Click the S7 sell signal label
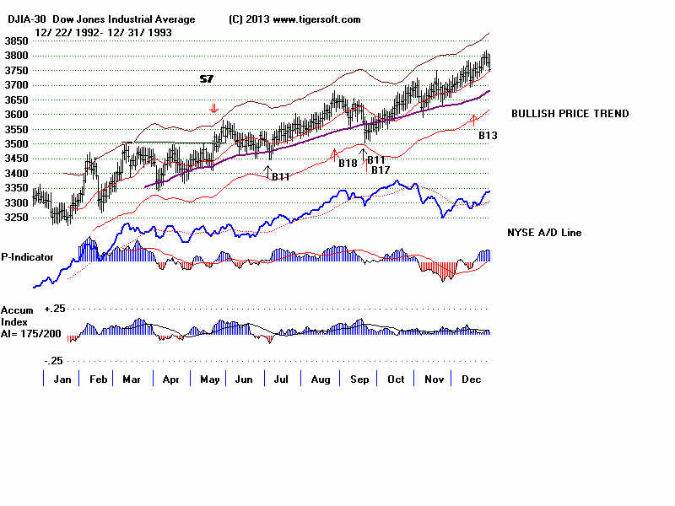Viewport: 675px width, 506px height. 206,78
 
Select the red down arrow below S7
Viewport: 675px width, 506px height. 214,109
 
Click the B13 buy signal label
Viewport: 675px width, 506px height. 489,134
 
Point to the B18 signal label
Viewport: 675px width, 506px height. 348,163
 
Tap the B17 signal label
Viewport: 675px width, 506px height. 381,170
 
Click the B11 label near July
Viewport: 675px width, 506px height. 281,176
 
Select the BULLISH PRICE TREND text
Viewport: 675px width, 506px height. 570,114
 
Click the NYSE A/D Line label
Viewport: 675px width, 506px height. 544,233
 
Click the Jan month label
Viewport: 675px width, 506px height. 62,380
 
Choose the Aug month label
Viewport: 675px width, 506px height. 321,380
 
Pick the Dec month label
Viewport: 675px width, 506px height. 471,380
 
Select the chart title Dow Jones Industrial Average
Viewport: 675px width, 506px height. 123,19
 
